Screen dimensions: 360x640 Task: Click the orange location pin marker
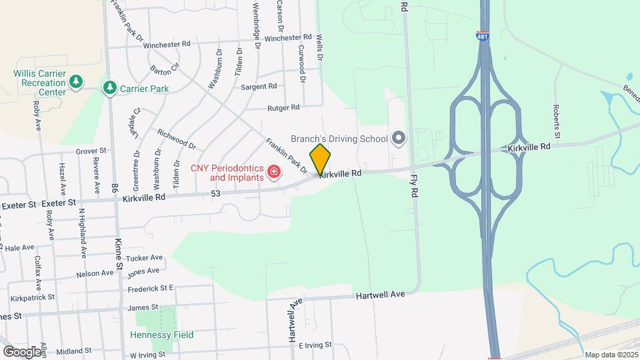pyautogui.click(x=320, y=159)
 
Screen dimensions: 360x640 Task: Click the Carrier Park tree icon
pyautogui.click(x=109, y=88)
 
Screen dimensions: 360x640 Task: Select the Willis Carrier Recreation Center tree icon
pyautogui.click(x=76, y=81)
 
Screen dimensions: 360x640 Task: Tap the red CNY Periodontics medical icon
pyautogui.click(x=273, y=173)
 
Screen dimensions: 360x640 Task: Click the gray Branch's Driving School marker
pyautogui.click(x=399, y=139)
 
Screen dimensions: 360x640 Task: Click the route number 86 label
pyautogui.click(x=115, y=189)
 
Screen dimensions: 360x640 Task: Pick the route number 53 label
pyautogui.click(x=215, y=193)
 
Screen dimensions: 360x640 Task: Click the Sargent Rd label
pyautogui.click(x=259, y=87)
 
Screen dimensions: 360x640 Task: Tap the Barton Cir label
pyautogui.click(x=165, y=68)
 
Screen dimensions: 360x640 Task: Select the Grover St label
pyautogui.click(x=91, y=152)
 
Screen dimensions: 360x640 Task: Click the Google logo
pyautogui.click(x=21, y=351)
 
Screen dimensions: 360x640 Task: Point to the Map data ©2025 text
pyautogui.click(x=610, y=355)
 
